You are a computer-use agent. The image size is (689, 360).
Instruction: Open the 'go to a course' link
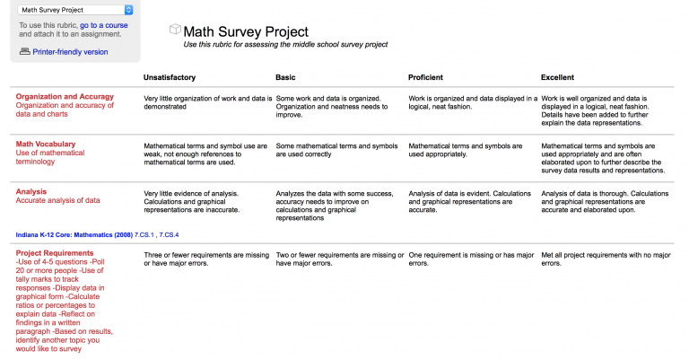click(104, 26)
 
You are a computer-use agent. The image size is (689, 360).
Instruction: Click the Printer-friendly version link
click(70, 52)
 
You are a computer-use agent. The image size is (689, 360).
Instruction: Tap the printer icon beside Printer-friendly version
click(24, 52)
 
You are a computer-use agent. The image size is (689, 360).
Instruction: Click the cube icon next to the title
click(175, 31)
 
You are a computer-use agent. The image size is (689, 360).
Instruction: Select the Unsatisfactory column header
click(170, 77)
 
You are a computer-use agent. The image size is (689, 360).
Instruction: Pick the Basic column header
click(285, 77)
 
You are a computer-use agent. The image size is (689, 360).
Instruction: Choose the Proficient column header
click(426, 77)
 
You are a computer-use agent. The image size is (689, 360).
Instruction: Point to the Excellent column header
click(557, 77)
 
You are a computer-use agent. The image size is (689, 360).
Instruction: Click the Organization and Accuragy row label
click(65, 96)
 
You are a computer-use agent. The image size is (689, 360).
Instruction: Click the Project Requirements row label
click(55, 253)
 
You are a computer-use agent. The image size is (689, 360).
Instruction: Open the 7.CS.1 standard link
click(143, 234)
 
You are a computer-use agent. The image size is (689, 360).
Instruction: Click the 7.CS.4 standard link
click(168, 234)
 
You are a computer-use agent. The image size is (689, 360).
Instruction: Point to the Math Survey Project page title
click(245, 31)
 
